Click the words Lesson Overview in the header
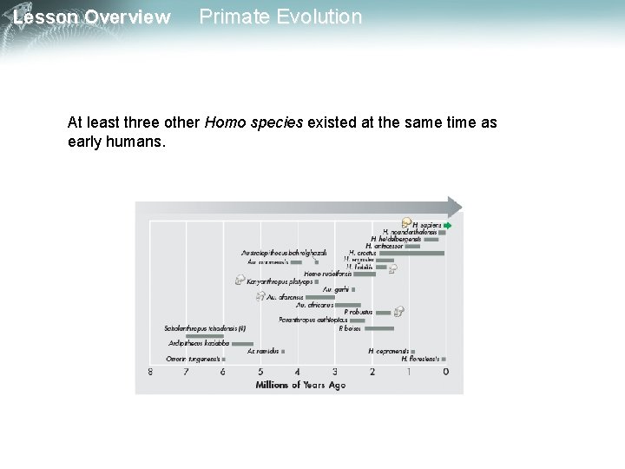coord(92,17)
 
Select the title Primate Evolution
coord(280,17)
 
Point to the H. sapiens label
coord(426,224)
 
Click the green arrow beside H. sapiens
coord(447,225)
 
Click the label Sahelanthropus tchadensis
coord(205,329)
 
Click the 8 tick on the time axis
coord(150,372)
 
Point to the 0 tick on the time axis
coord(445,372)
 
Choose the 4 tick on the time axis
coord(298,372)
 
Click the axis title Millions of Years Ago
coord(299,385)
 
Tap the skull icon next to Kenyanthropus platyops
coord(239,280)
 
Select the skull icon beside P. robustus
coord(398,310)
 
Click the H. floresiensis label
coord(420,359)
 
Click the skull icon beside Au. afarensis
coord(260,296)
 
